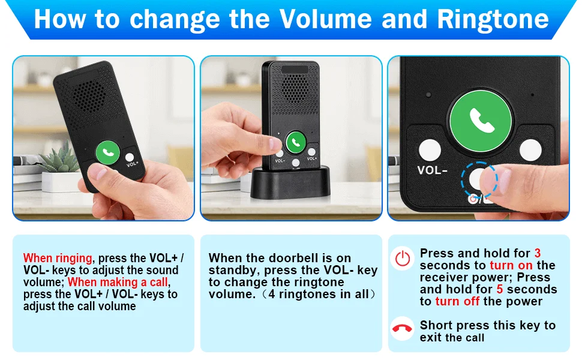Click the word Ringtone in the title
coord(493,19)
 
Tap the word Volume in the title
coord(325,19)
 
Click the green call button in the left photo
coord(107,152)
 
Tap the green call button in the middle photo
coord(296,142)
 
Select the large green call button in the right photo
coord(481,121)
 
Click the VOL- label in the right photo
coord(432,170)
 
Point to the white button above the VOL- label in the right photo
coord(430,151)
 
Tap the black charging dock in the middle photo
coord(290,182)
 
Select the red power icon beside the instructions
coord(403,259)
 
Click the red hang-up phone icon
coord(403,328)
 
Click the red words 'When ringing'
coord(58,258)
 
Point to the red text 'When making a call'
coord(118,282)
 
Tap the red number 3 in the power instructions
coord(538,253)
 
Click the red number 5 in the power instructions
coord(500,289)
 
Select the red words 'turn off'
coord(457,301)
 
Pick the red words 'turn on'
coord(511,265)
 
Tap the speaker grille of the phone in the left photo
coord(88,96)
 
